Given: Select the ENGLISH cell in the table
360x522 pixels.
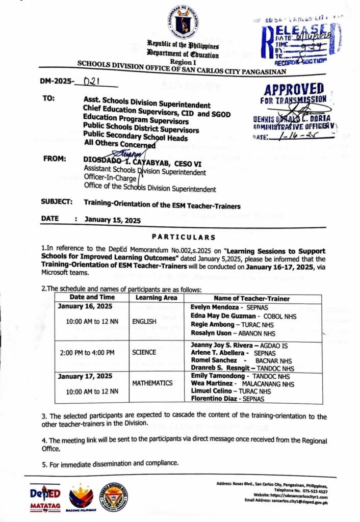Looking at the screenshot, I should click(144, 322).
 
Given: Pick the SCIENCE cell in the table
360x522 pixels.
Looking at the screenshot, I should click(144, 352).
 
